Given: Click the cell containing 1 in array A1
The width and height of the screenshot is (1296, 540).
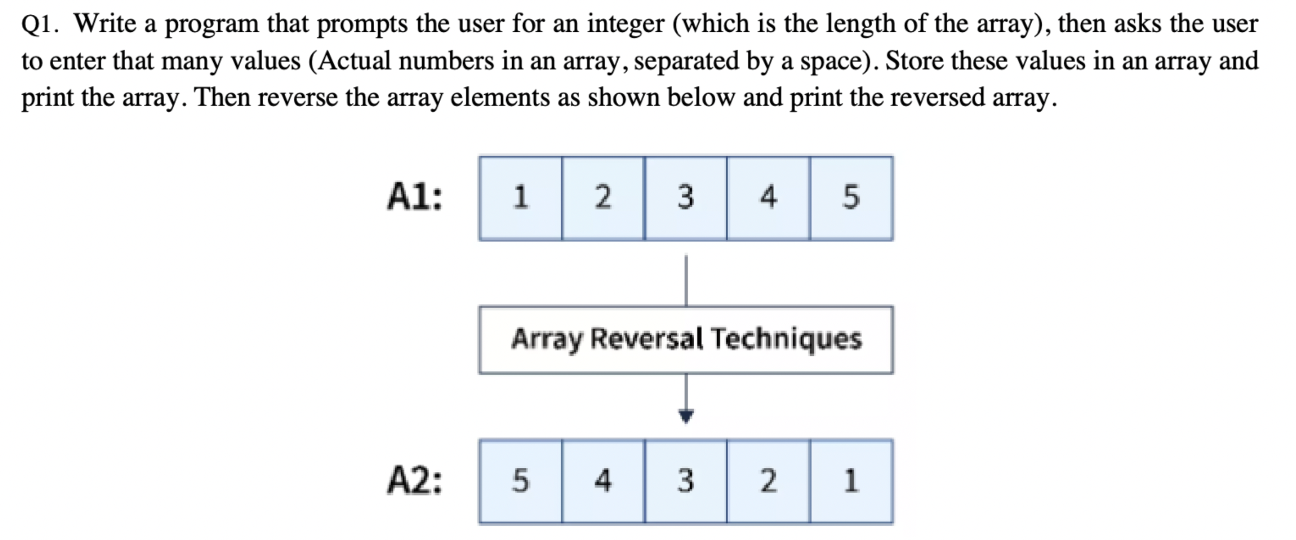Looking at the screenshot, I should (520, 198).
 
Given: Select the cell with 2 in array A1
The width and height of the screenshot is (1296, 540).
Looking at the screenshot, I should (603, 198).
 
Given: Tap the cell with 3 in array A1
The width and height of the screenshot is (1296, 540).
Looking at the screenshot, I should (686, 198).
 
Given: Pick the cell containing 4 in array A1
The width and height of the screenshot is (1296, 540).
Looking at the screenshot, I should (768, 198).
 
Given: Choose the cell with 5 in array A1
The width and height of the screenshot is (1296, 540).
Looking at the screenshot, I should (852, 198).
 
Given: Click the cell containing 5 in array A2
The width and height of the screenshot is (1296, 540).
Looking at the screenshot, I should (520, 481).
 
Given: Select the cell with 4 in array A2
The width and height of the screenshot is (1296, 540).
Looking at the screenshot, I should (603, 481).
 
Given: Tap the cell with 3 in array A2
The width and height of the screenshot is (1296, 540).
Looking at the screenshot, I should (686, 481).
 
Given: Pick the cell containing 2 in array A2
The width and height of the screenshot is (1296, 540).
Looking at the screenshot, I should (768, 481).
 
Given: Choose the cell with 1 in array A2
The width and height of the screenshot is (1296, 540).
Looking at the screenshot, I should (852, 481).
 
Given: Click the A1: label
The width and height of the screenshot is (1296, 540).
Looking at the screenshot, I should (415, 197).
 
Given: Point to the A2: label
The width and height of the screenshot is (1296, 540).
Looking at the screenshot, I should (415, 481).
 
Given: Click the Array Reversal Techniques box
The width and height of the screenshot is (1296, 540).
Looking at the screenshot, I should (686, 339).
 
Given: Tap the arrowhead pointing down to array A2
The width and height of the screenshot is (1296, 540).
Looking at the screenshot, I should (686, 416).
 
